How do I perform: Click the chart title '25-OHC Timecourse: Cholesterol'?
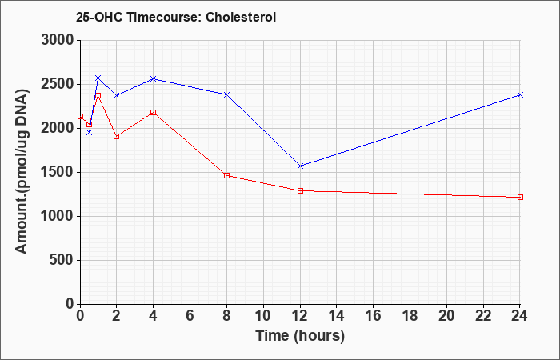point(176,17)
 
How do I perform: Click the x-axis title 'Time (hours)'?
point(300,336)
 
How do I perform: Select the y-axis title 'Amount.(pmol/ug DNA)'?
point(22,171)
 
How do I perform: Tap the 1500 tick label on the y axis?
point(58,173)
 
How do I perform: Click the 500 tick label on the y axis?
point(62,260)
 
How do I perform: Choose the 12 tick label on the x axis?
point(300,316)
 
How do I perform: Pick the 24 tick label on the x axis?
point(520,316)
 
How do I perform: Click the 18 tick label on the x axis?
point(410,316)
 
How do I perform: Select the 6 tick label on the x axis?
point(190,316)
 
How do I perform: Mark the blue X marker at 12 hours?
point(300,166)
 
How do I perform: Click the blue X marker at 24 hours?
point(520,94)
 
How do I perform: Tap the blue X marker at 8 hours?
point(226,94)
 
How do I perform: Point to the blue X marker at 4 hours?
point(154,78)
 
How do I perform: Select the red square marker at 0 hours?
point(80,117)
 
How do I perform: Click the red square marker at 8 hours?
point(226,175)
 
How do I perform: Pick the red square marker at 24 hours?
point(520,197)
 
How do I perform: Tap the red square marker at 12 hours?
point(300,190)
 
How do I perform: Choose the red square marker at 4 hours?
point(154,113)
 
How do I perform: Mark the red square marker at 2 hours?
point(117,137)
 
